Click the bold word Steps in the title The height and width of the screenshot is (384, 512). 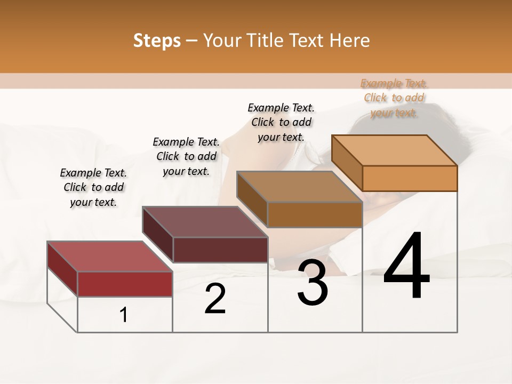click(x=157, y=41)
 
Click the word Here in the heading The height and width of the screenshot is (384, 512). click(x=350, y=41)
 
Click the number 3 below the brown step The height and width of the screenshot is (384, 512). click(x=312, y=283)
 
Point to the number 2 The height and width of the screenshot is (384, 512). click(x=215, y=299)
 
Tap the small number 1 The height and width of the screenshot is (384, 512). click(x=124, y=315)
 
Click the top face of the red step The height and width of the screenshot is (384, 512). click(x=110, y=257)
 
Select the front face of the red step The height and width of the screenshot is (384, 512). click(x=125, y=284)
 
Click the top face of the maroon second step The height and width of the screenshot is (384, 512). click(x=205, y=222)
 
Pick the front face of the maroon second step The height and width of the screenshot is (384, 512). click(x=220, y=250)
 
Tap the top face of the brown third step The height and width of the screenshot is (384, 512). click(x=300, y=187)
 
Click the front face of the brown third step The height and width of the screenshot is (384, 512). click(x=315, y=214)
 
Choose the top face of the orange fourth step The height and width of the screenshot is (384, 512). click(x=395, y=150)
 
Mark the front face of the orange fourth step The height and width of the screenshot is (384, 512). click(x=410, y=178)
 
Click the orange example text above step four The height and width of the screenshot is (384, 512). click(x=394, y=98)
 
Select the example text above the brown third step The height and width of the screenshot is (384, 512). click(x=281, y=122)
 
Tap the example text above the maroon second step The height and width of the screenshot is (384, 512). click(x=186, y=156)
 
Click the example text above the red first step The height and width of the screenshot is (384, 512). click(x=93, y=187)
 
